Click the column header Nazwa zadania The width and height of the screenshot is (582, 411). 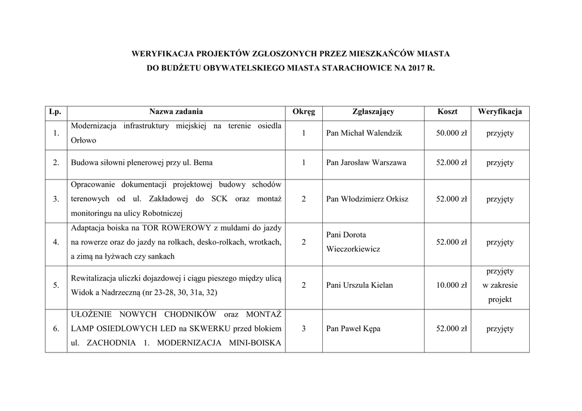176,112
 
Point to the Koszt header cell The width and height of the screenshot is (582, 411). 447,112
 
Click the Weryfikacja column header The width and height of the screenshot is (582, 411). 500,112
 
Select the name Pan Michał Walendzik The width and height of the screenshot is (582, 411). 364,133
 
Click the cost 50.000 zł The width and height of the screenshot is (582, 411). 451,133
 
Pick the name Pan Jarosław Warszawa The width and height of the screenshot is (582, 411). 366,162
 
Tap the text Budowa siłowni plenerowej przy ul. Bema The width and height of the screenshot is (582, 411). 142,162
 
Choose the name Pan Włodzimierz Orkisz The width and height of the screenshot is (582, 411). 367,199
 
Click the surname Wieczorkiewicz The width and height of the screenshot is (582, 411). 353,249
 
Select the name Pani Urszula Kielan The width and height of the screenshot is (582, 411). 359,285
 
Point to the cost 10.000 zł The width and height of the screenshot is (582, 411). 451,285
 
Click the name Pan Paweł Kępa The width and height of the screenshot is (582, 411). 353,329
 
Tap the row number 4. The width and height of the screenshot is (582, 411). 56,242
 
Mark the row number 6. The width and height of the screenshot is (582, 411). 56,329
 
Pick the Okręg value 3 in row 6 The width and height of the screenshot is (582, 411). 304,329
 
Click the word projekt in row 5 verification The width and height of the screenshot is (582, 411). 500,299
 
